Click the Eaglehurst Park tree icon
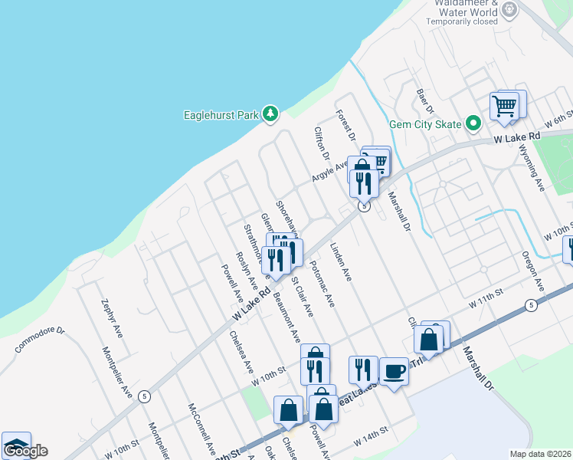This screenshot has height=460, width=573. click(x=270, y=114)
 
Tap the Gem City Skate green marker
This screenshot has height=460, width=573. click(x=473, y=123)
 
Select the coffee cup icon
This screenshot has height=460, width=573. click(x=394, y=371)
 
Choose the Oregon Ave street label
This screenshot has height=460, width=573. click(x=532, y=271)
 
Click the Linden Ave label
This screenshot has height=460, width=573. click(x=340, y=262)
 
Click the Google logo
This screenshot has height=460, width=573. click(x=25, y=450)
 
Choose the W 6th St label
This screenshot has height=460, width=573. click(x=559, y=121)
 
